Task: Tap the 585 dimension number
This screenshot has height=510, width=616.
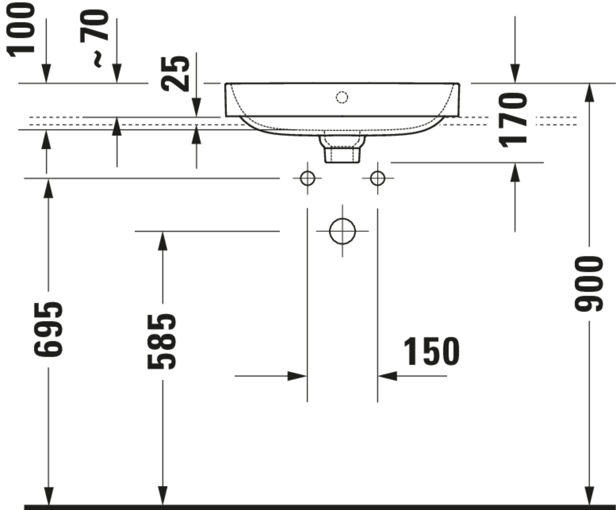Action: [x=162, y=342]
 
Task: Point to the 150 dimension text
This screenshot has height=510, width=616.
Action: [x=431, y=352]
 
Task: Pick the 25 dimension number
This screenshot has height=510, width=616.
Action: [x=175, y=74]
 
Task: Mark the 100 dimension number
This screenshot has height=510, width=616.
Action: [x=21, y=29]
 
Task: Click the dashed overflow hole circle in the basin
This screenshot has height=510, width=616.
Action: [x=342, y=97]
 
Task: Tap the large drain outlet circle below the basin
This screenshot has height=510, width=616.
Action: [x=342, y=231]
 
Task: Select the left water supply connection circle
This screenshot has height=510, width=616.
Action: [x=307, y=178]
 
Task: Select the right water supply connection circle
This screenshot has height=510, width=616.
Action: [x=378, y=178]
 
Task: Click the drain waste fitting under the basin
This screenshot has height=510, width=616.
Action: [x=342, y=150]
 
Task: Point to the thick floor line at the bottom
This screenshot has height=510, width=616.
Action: [x=320, y=507]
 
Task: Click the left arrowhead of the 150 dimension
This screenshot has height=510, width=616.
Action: [x=297, y=376]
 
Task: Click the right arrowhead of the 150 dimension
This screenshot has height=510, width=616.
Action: [x=388, y=376]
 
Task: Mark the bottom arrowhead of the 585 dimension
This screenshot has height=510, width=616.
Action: [x=162, y=495]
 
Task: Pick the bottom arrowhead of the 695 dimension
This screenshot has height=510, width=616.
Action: [x=48, y=495]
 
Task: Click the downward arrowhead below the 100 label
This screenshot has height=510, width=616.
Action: [x=46, y=73]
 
